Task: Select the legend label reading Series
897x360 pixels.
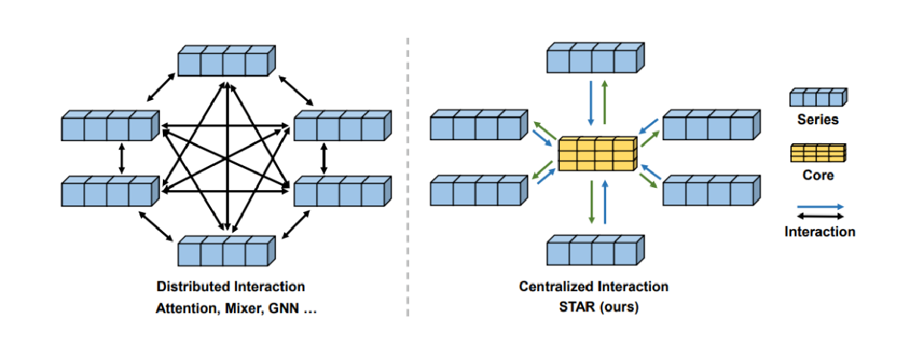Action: point(817,119)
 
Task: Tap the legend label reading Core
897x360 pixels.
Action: point(817,175)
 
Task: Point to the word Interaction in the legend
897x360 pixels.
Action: point(820,231)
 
